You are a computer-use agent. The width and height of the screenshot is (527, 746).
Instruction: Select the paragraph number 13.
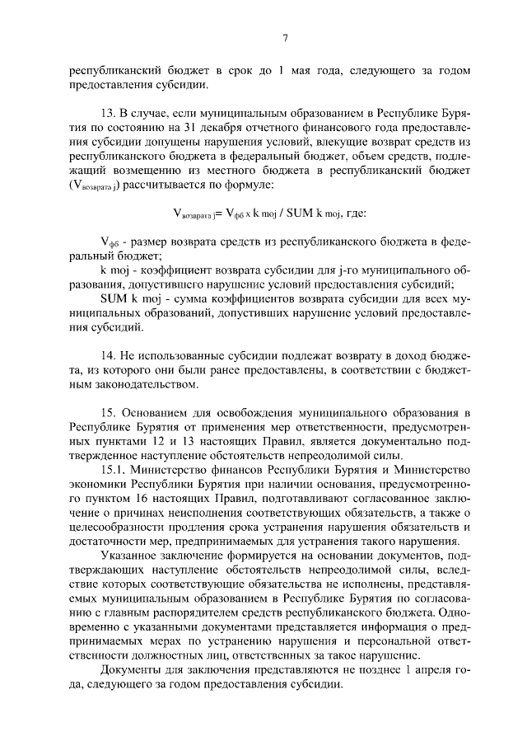click(105, 110)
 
